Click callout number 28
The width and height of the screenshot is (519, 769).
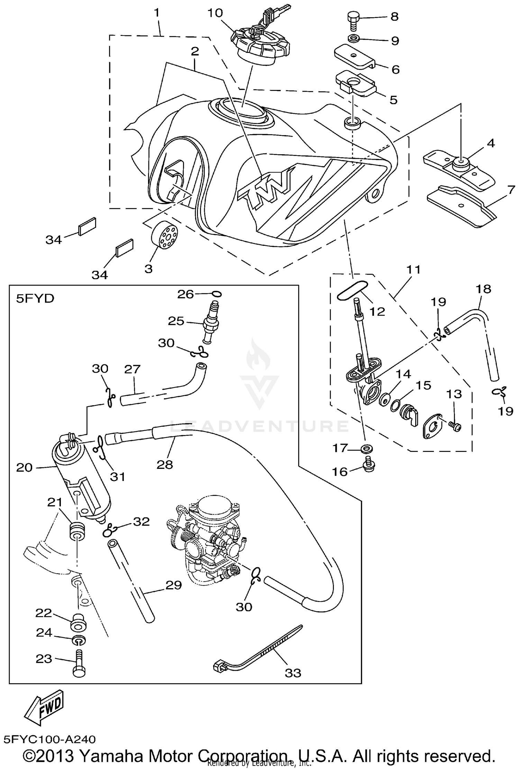tap(165, 464)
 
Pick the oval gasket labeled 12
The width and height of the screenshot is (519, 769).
tap(352, 290)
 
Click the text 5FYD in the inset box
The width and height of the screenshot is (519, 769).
tap(35, 298)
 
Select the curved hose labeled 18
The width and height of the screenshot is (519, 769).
tap(477, 332)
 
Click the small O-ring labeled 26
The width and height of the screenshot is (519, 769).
tap(217, 294)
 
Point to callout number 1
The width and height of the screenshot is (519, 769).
tap(157, 13)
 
